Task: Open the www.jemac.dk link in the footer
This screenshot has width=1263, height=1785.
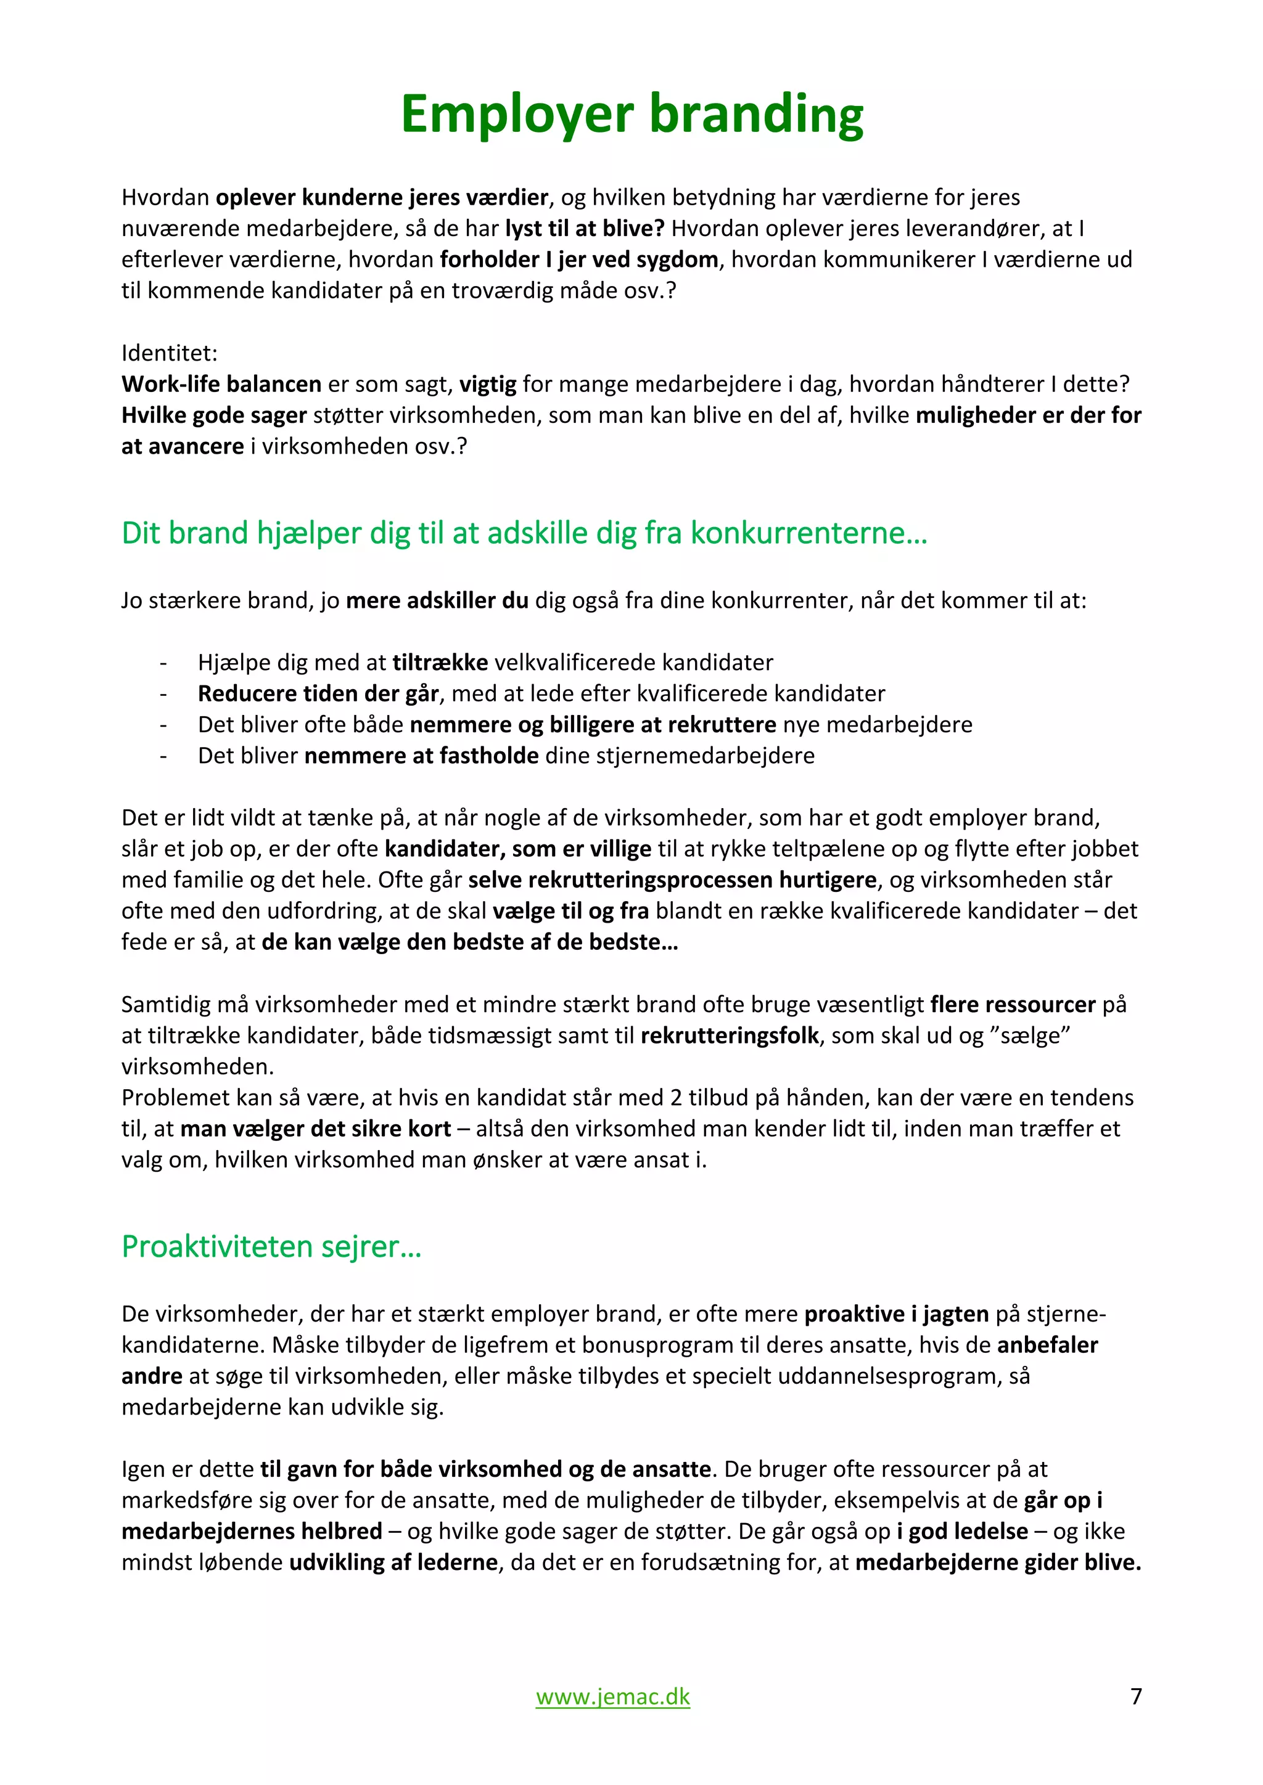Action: (x=613, y=1696)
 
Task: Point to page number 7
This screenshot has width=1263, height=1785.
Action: (x=1135, y=1696)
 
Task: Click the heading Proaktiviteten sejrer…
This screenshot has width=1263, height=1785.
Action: (x=271, y=1246)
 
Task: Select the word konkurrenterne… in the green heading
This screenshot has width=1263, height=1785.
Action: (x=809, y=533)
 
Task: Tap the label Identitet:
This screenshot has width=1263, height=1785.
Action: (x=170, y=353)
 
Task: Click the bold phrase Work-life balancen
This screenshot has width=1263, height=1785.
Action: (x=221, y=384)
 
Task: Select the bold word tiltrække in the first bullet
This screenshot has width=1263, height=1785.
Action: (x=440, y=663)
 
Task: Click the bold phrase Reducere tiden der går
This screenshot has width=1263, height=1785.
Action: (x=318, y=693)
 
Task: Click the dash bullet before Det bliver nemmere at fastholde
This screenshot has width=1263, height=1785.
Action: (x=163, y=756)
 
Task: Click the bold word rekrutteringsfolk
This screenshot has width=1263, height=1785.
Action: (x=730, y=1035)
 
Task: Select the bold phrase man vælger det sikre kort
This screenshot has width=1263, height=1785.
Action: (x=315, y=1129)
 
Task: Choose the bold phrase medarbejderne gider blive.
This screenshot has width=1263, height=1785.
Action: (x=998, y=1562)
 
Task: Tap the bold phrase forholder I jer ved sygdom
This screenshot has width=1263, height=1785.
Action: (x=578, y=259)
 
